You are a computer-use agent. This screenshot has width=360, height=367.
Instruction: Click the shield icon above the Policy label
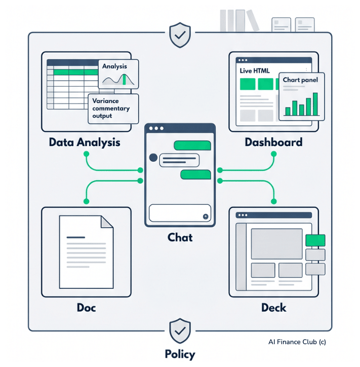pos(180,331)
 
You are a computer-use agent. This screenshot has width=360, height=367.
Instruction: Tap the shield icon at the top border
pos(180,35)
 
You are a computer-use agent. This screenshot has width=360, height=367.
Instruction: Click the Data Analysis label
pos(85,142)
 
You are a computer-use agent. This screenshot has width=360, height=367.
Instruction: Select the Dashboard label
pos(273,142)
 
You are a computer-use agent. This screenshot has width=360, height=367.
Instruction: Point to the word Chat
pos(180,237)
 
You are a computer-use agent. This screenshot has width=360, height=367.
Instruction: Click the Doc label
pos(86,307)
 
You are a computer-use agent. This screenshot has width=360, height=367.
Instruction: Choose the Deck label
pos(273,307)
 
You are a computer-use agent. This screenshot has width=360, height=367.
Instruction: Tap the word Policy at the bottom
pos(180,354)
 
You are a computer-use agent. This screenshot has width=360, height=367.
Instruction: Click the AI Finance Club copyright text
pos(297,342)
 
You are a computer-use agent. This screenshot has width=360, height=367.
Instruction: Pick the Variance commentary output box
pos(112,108)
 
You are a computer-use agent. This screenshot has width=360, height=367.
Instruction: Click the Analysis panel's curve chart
pos(115,79)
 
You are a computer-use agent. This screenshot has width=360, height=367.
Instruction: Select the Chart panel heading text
pos(300,80)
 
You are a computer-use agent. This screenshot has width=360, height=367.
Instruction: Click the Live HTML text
pos(255,71)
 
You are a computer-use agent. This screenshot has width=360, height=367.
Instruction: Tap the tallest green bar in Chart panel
pos(315,104)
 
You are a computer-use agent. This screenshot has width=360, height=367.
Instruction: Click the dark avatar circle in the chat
pos(153,158)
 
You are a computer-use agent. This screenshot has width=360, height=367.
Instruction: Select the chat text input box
pos(180,213)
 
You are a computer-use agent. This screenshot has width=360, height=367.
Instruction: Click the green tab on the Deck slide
pos(315,240)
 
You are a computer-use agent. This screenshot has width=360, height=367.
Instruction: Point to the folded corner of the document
pos(107,221)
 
